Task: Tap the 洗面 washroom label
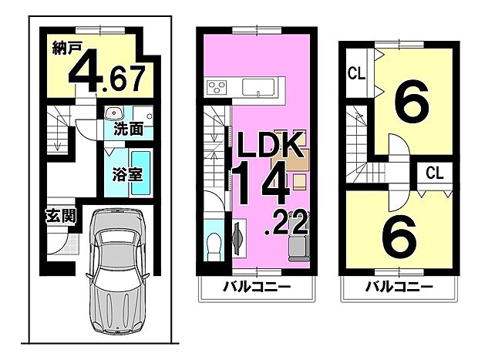pyautogui.click(x=128, y=128)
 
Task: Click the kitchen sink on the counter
pyautogui.click(x=254, y=87)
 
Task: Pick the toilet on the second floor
pyautogui.click(x=214, y=246)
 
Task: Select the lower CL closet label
pyautogui.click(x=435, y=174)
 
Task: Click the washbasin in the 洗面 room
pyautogui.click(x=111, y=110)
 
